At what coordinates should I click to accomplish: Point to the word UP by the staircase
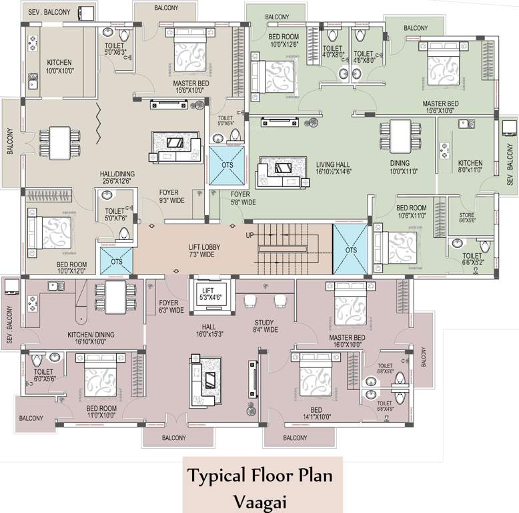pyautogui.click(x=250, y=236)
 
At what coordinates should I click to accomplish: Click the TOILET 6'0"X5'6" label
pyautogui.click(x=43, y=375)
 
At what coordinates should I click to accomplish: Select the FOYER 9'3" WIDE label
pyautogui.click(x=171, y=195)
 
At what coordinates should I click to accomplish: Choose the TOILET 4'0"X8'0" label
pyautogui.click(x=333, y=53)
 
